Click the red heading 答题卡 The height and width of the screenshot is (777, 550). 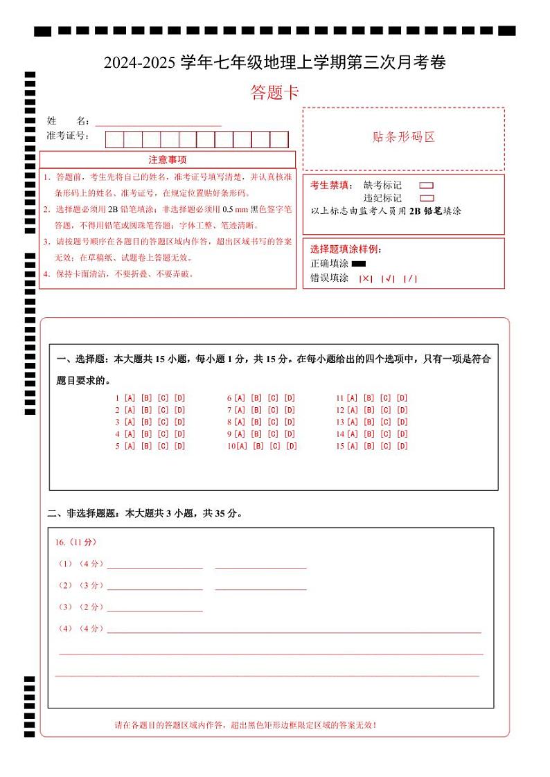(274, 93)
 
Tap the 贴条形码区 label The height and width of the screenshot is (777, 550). (403, 137)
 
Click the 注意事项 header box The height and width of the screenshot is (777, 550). (167, 159)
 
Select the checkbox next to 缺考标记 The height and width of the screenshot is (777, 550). (427, 186)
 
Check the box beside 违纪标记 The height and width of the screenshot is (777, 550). (427, 198)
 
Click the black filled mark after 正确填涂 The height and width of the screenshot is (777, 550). (358, 264)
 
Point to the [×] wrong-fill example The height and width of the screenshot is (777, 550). (366, 278)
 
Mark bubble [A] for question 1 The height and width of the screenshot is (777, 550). (130, 398)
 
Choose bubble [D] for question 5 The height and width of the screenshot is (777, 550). (179, 446)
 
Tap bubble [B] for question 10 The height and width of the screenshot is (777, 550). (258, 446)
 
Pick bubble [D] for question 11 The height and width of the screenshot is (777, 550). (402, 398)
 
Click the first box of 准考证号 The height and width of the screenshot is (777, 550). (114, 139)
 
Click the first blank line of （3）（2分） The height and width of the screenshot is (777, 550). (154, 608)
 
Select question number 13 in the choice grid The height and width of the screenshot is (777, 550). (340, 422)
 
